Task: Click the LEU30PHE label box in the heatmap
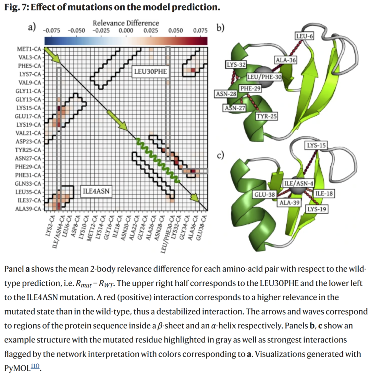tap(150, 71)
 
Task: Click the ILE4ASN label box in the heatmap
tap(96, 191)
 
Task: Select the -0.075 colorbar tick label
tap(51, 31)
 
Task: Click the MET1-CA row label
tap(29, 49)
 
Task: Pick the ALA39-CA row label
tap(28, 209)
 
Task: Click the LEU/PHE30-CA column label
tap(167, 234)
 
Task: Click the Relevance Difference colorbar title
tap(126, 23)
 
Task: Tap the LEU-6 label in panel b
tap(304, 36)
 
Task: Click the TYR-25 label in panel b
tap(267, 116)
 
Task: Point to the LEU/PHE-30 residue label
tap(264, 77)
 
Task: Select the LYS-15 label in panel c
tap(316, 145)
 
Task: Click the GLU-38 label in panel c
tap(264, 195)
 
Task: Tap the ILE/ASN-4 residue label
tap(299, 183)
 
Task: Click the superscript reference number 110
tap(35, 365)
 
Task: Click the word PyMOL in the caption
tap(17, 368)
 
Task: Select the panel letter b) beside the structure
tap(220, 28)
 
